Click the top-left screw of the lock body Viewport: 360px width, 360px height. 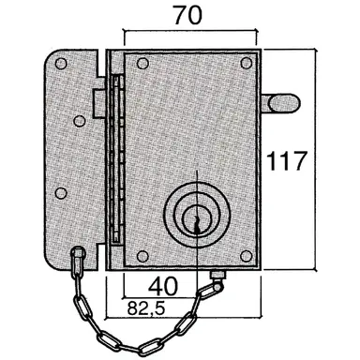point(142,65)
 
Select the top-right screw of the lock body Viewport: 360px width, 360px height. point(247,64)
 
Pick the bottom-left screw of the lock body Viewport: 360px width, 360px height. point(142,255)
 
